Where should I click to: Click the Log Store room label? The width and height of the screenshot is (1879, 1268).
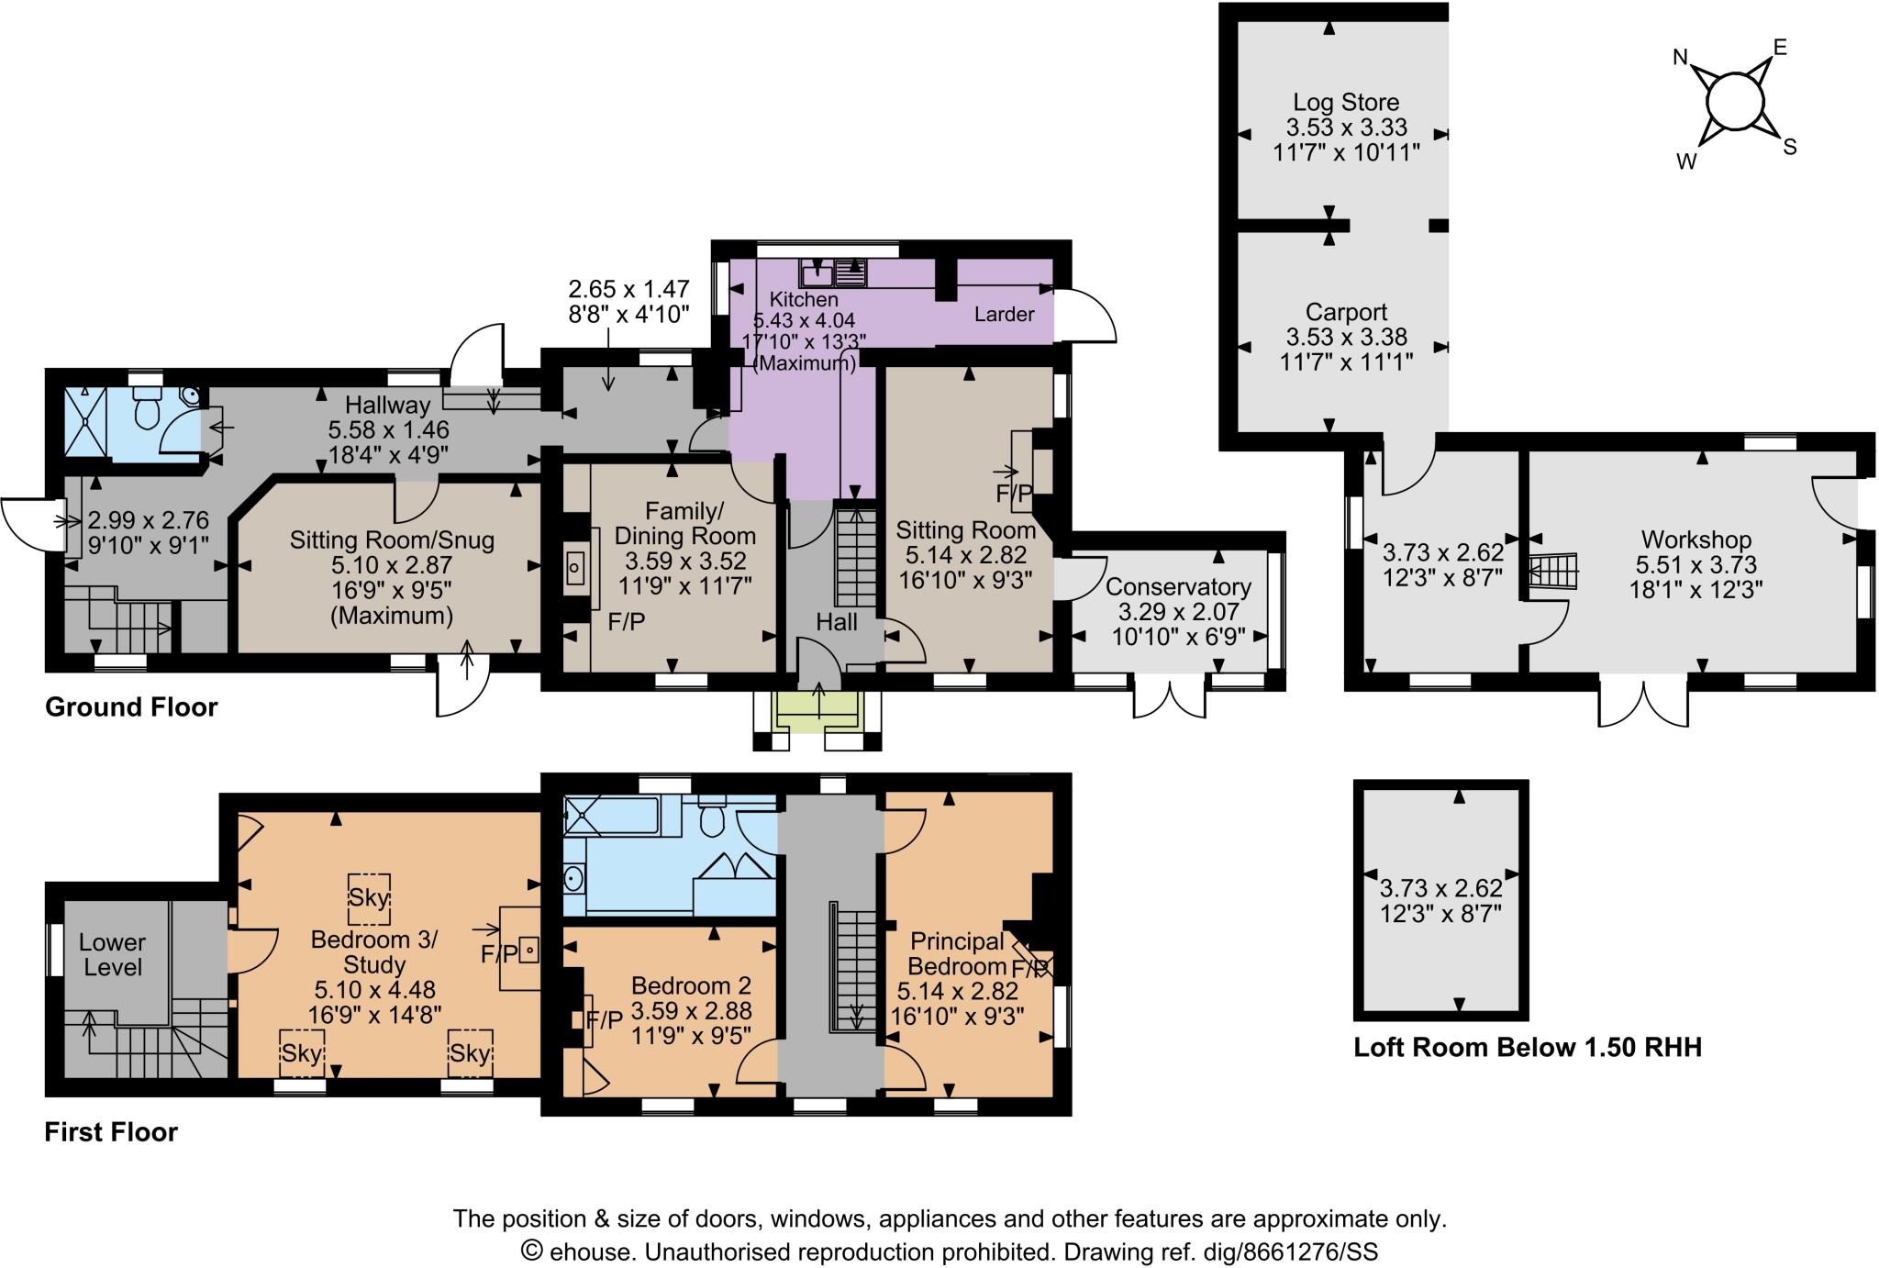pos(1346,102)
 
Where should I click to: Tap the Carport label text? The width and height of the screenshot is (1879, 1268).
pos(1346,312)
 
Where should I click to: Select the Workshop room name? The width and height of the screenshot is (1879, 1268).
pos(1696,539)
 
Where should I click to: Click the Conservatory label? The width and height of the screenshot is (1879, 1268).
pos(1178,586)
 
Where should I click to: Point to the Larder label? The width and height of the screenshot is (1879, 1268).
pos(1004,315)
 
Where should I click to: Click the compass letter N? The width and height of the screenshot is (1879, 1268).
pos(1680,58)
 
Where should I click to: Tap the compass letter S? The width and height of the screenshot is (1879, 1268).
pos(1789,147)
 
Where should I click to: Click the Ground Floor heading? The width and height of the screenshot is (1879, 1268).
pos(131,707)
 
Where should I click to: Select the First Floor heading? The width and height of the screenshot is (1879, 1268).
pos(111,1132)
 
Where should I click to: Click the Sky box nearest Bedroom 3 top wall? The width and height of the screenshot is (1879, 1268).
pos(370,897)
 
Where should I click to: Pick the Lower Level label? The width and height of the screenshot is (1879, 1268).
pos(111,954)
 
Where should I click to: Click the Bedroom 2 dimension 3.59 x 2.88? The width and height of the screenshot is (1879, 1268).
pos(692,1011)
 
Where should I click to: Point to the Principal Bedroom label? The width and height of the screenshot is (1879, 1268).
pos(957,953)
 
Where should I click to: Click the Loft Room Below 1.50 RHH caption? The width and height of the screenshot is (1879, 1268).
pos(1528,1047)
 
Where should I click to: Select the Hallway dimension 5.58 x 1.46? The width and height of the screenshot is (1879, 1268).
pos(388,428)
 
